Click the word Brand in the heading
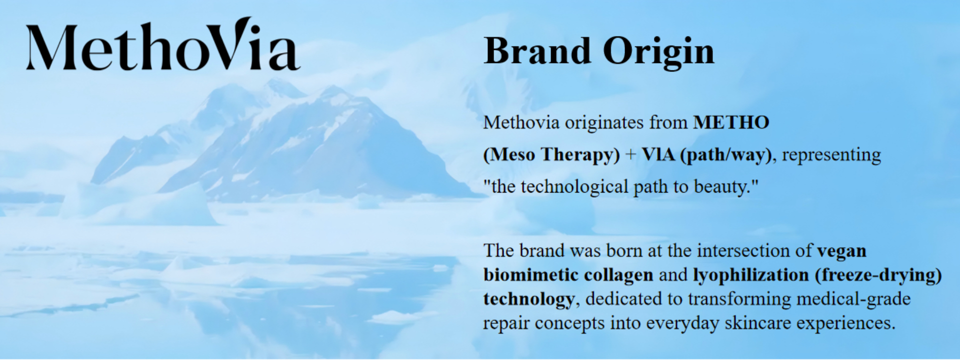tap(537, 51)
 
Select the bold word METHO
tap(731, 122)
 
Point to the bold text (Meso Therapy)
tap(551, 155)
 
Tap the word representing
tap(831, 155)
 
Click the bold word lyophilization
tap(750, 275)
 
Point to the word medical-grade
tap(853, 299)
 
